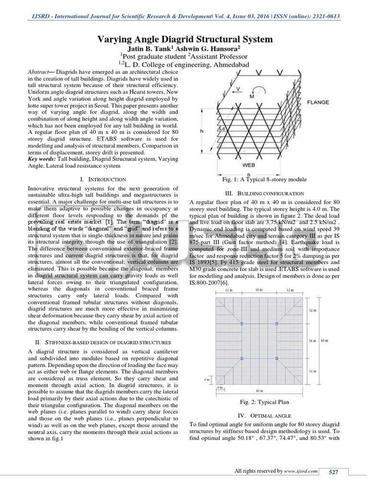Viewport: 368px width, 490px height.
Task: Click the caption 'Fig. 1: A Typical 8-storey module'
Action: click(x=264, y=179)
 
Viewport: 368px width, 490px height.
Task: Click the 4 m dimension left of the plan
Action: click(x=207, y=380)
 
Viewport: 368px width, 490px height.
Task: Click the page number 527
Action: click(x=333, y=472)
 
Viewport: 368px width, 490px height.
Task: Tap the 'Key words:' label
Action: click(x=42, y=158)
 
